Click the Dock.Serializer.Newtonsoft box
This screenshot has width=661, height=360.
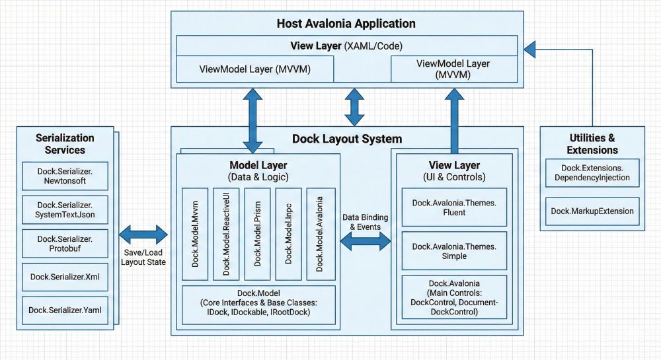click(x=65, y=175)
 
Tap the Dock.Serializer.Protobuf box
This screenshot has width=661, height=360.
click(x=65, y=243)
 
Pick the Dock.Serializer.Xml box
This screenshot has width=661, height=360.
click(x=65, y=277)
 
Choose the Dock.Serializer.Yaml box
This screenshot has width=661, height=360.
click(x=65, y=309)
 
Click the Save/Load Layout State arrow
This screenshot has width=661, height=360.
click(x=143, y=234)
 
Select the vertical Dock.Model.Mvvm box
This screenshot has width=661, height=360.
click(x=196, y=234)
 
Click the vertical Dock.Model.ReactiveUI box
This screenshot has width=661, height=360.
click(x=226, y=234)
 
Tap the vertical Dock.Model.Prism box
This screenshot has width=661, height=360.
click(x=257, y=234)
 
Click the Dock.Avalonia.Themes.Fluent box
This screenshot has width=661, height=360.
click(x=454, y=207)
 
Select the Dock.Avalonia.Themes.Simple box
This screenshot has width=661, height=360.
click(x=454, y=250)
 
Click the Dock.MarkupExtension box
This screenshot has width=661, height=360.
click(x=592, y=211)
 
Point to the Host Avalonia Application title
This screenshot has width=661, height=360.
click(x=346, y=24)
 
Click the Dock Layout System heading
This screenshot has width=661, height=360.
click(x=347, y=139)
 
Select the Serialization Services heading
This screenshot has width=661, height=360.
click(x=65, y=144)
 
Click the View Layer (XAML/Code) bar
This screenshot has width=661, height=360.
click(x=346, y=46)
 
